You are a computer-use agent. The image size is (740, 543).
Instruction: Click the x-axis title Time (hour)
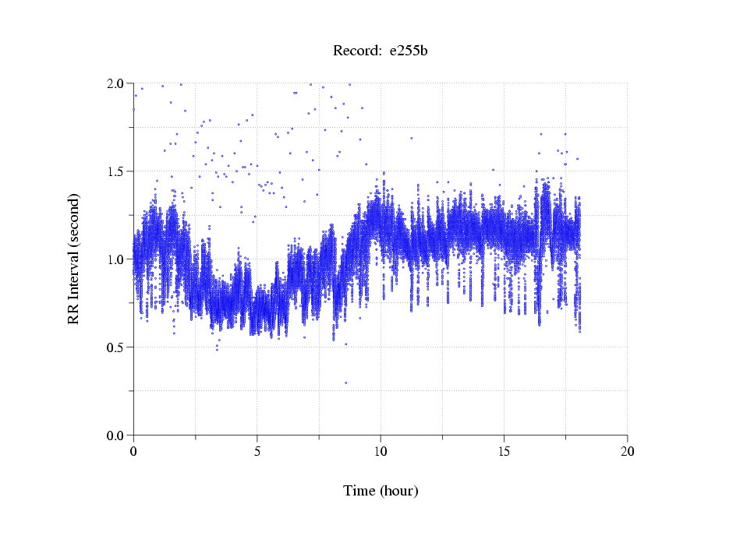pyautogui.click(x=381, y=491)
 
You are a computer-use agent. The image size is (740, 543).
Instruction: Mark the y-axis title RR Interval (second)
pyautogui.click(x=74, y=259)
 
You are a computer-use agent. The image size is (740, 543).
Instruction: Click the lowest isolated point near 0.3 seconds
pyautogui.click(x=345, y=383)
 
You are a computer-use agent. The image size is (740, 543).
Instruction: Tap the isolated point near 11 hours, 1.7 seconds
pyautogui.click(x=411, y=138)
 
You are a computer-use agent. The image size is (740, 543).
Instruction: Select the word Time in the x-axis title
pyautogui.click(x=359, y=491)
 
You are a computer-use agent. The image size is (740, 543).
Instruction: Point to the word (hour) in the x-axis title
pyautogui.click(x=398, y=491)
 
